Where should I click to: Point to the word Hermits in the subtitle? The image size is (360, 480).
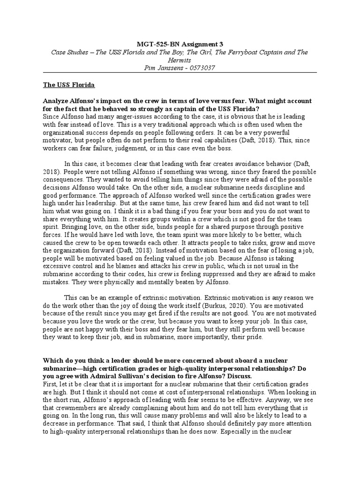[x=180, y=60]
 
